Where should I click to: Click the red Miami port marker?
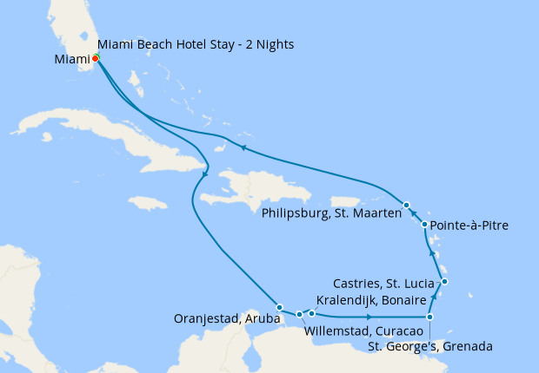[95, 59]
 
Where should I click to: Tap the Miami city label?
[72, 60]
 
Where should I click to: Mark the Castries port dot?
[444, 281]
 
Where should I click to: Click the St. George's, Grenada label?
[429, 347]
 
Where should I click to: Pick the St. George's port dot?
[429, 317]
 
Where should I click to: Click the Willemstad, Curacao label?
[363, 331]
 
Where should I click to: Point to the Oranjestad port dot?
[279, 307]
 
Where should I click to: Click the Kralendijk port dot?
[311, 313]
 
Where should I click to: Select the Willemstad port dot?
[298, 314]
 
